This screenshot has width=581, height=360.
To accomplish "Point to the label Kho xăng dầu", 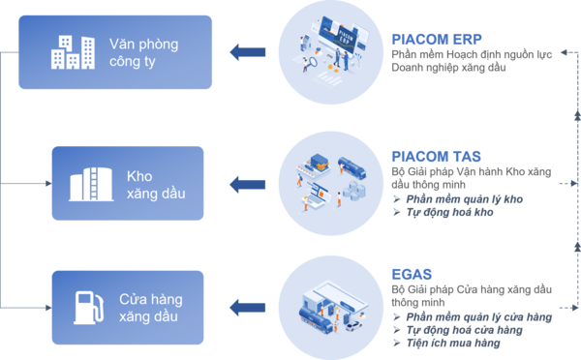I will pyautogui.click(x=151, y=184).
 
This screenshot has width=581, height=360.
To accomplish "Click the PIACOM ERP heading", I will pyautogui.click(x=429, y=39).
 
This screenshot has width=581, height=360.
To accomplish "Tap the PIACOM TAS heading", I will pyautogui.click(x=428, y=155).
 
